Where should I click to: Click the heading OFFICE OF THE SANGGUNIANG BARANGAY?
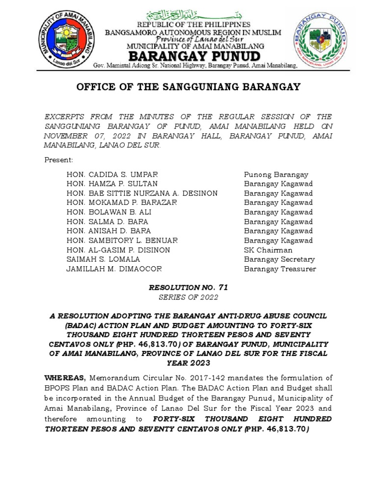point(188,87)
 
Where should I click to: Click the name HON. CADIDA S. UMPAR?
point(112,175)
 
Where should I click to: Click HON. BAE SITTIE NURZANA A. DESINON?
point(142,193)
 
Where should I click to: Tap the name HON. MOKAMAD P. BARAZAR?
point(122,202)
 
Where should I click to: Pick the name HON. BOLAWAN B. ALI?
point(109,212)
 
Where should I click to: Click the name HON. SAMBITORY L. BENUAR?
point(122,241)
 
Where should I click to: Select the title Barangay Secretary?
point(279,259)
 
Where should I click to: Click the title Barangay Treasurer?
point(280,269)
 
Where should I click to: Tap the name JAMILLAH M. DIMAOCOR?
point(114,269)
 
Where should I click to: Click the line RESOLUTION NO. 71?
point(188,287)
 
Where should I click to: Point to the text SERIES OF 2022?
point(188,297)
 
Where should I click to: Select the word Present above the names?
point(58,160)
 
